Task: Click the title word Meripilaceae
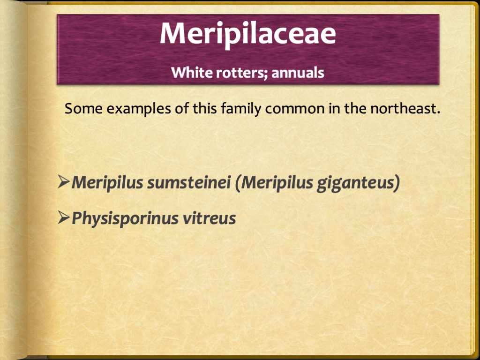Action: point(247,34)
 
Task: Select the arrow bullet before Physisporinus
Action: point(64,217)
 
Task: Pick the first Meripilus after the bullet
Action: point(108,183)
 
